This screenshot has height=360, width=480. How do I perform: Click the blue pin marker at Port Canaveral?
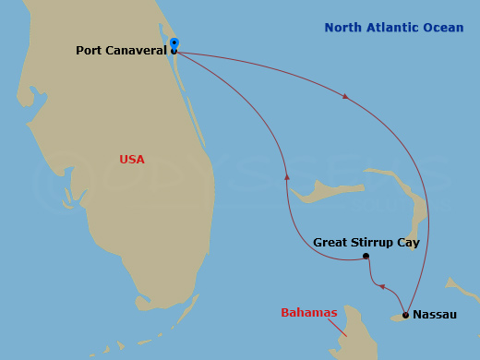(174, 42)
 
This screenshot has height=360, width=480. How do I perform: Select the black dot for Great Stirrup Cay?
(366, 256)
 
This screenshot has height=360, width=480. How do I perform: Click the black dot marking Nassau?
(405, 315)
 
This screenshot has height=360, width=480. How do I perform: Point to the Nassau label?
(434, 315)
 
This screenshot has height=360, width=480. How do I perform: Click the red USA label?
(132, 159)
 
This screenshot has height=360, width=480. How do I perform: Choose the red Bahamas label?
(308, 313)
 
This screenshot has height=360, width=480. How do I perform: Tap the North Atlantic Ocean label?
(394, 28)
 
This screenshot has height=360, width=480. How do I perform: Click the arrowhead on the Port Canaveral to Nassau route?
(346, 95)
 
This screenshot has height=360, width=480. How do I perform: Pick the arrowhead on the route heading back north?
(287, 175)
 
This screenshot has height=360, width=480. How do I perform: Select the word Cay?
(408, 243)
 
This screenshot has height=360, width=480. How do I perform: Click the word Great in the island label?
(330, 243)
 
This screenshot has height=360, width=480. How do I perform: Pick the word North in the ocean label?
(342, 28)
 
